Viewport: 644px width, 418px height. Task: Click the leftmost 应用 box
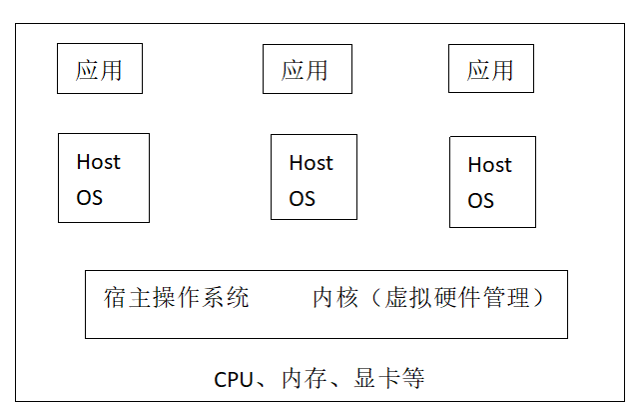pos(100,68)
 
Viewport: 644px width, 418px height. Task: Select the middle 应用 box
pos(308,69)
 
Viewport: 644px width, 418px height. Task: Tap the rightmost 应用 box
pos(491,68)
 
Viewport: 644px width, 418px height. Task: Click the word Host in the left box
pos(99,162)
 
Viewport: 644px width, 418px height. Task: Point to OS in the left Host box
pos(90,198)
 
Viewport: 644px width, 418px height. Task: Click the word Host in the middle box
pos(311,163)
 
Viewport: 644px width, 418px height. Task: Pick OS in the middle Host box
pos(302,199)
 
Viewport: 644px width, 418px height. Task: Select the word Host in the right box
pos(489,165)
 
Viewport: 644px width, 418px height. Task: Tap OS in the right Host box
pos(480,201)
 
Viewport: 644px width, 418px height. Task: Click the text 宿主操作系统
pos(176,297)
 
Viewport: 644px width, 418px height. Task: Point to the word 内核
pos(335,297)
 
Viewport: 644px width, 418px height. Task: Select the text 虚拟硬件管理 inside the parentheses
pos(456,297)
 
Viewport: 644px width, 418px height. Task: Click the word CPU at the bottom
pos(234,380)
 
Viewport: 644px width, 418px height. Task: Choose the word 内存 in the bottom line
pos(305,379)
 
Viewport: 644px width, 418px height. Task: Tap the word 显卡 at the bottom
pos(376,379)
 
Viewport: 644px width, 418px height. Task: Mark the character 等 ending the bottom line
pos(413,379)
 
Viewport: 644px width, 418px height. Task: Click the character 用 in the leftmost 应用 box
pos(111,70)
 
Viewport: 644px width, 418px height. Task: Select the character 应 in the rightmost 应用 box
pos(478,70)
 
